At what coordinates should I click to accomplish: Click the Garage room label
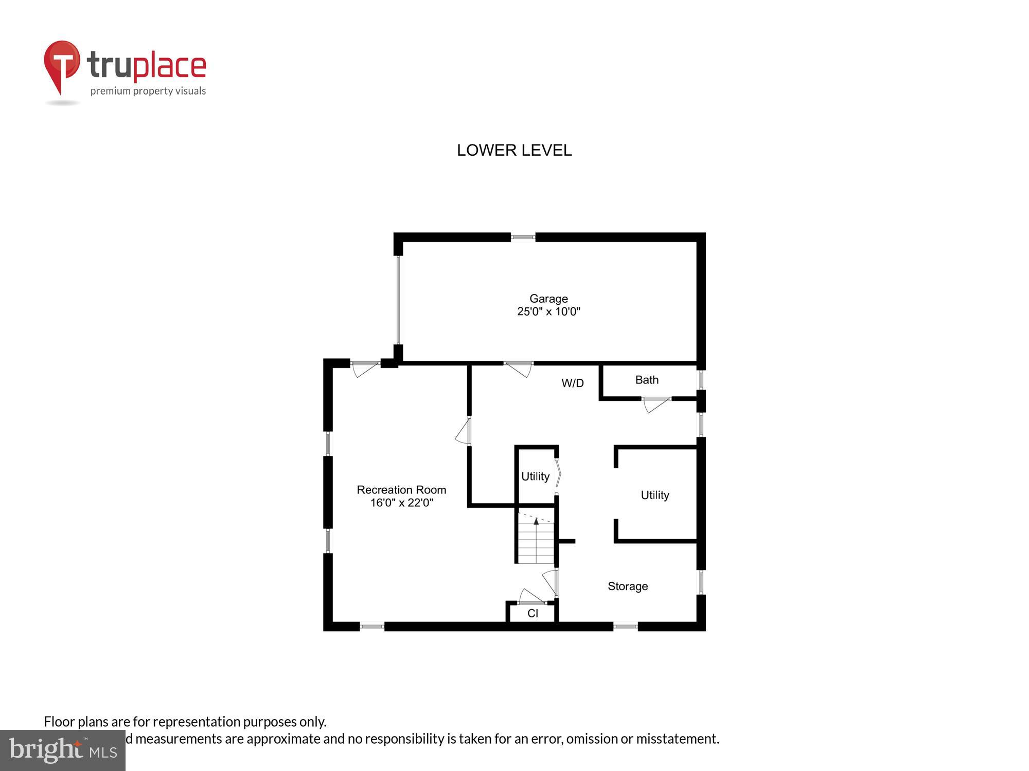pyautogui.click(x=548, y=299)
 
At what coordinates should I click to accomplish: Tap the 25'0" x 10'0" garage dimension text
pyautogui.click(x=548, y=311)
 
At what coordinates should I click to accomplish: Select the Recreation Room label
pyautogui.click(x=401, y=490)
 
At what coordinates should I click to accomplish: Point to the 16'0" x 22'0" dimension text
pyautogui.click(x=401, y=503)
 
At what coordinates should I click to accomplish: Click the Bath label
pyautogui.click(x=647, y=380)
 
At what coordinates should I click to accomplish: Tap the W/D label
pyautogui.click(x=572, y=383)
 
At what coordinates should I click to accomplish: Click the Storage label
pyautogui.click(x=627, y=586)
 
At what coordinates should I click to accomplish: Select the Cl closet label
pyautogui.click(x=533, y=613)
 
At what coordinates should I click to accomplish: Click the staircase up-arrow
pyautogui.click(x=536, y=522)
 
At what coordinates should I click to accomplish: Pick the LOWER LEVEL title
pyautogui.click(x=514, y=150)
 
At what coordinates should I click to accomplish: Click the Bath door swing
pyautogui.click(x=655, y=404)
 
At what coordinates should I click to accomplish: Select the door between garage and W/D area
pyautogui.click(x=519, y=368)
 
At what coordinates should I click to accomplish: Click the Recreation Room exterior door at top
pyautogui.click(x=365, y=369)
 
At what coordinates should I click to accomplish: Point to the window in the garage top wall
pyautogui.click(x=523, y=237)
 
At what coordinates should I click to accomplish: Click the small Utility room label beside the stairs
pyautogui.click(x=535, y=476)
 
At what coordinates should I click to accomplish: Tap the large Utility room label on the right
pyautogui.click(x=654, y=495)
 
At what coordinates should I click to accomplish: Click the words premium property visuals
pyautogui.click(x=148, y=91)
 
